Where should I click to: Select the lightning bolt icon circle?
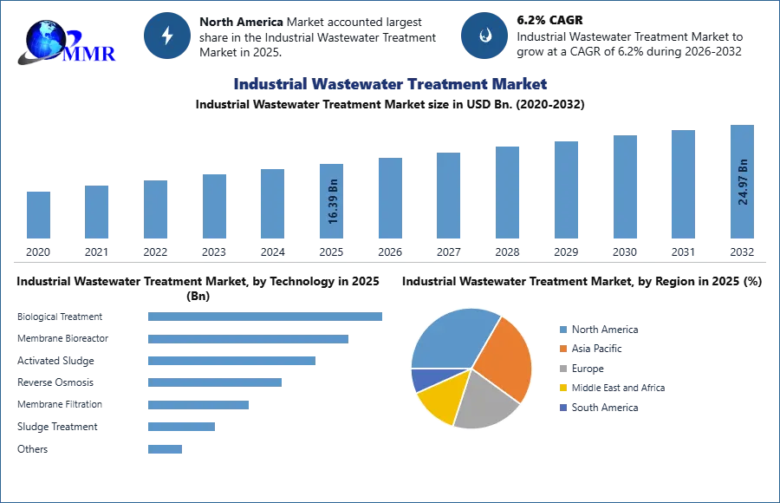pos(167,36)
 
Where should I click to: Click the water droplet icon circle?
pos(484,36)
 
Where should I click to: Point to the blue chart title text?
pos(389,84)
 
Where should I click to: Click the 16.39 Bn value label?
pos(333,203)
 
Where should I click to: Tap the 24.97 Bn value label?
pos(743,181)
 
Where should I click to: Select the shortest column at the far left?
pos(38,214)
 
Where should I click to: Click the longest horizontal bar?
pos(266,318)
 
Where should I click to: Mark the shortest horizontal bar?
pos(166,450)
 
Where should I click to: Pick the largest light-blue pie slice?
pos(451,338)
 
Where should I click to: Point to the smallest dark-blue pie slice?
pos(423,379)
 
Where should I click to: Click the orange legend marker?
pos(562,349)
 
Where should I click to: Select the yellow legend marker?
pos(562,389)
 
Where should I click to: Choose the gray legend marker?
pos(562,369)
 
